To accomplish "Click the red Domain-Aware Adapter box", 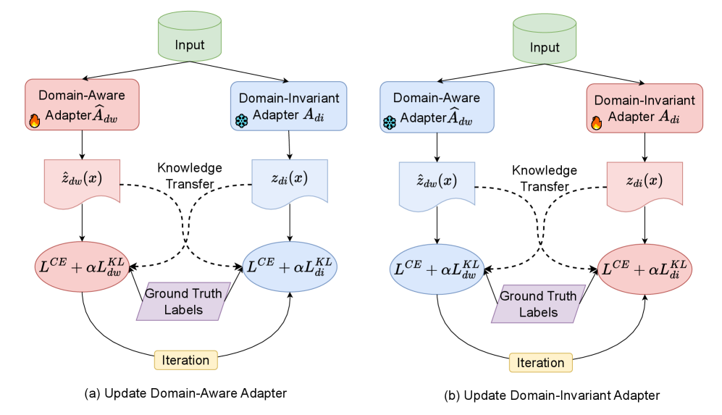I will pos(82,105).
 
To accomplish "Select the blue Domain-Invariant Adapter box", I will pos(288,106).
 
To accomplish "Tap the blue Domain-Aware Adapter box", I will pos(437,107).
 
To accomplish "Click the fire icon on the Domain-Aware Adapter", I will pos(34,121).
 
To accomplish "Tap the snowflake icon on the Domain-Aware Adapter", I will pos(390,122).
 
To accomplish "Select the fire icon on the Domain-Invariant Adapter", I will pos(597,122).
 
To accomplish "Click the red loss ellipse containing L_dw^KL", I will pos(82,266).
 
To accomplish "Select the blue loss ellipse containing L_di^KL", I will pos(289,266).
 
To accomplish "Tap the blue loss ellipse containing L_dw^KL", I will pos(437,269).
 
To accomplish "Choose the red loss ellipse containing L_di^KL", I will pos(644,269).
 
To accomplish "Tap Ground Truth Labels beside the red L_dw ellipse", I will pos(184,301).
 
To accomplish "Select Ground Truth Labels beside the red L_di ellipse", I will pos(538,304).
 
